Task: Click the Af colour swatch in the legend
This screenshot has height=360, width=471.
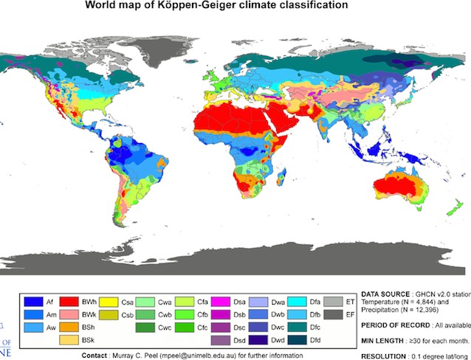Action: coord(31,302)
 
